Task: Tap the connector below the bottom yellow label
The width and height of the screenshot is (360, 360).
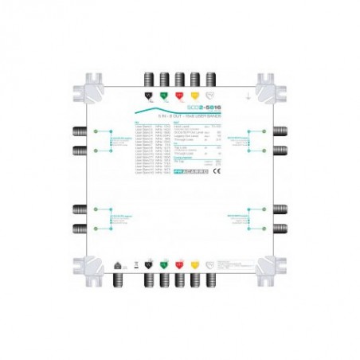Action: click(194, 281)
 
